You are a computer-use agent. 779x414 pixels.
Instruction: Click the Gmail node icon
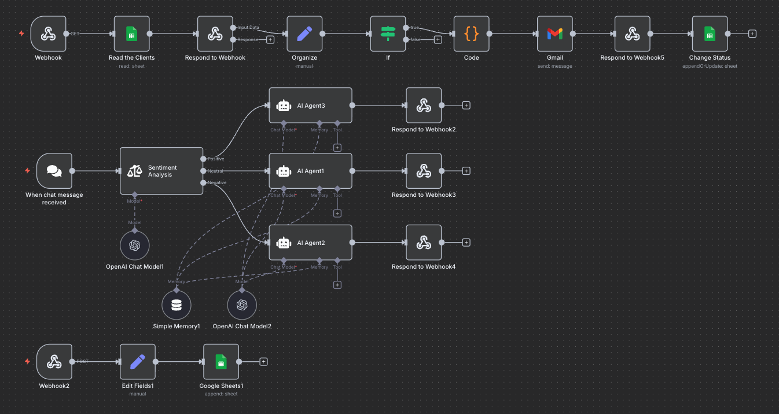554,34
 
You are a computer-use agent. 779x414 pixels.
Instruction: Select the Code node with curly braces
471,34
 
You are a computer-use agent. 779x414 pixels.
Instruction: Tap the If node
388,34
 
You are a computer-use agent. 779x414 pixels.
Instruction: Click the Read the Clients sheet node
131,34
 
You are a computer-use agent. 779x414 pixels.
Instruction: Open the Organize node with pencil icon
304,34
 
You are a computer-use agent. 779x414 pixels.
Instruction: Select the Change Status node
710,34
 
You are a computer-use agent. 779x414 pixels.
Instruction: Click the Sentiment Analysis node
161,171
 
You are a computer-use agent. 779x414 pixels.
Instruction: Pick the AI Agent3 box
310,105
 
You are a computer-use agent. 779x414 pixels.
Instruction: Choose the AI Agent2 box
310,243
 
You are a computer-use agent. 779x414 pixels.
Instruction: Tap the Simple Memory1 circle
176,305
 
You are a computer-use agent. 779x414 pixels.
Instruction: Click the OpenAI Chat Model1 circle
134,246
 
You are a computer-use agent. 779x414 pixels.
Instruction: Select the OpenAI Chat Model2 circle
241,305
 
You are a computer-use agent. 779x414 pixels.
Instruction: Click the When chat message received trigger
54,171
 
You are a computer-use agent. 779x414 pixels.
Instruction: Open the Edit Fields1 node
137,362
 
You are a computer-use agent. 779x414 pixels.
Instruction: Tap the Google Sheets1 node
221,362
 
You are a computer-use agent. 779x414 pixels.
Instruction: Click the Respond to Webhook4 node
424,243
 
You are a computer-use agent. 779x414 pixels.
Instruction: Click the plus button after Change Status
752,34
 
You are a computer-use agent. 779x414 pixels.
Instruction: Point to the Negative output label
217,183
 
